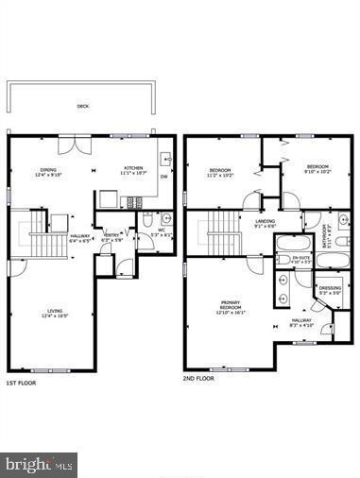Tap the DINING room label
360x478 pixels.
[47, 171]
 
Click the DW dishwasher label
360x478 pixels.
[163, 177]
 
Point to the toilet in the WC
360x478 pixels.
[147, 220]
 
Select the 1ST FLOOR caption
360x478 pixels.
[23, 383]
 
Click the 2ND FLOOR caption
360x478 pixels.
[199, 377]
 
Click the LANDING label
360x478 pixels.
[265, 222]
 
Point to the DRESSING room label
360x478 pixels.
[330, 288]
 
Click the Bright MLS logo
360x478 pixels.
[40, 465]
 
